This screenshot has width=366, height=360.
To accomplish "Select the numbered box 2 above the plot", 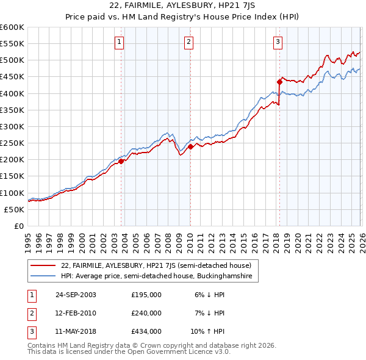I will tap(188, 42).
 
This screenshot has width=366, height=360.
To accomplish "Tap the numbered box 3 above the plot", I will tap(278, 42).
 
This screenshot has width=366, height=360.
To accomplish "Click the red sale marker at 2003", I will tap(121, 162).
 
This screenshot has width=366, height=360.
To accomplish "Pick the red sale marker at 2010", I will tap(190, 146).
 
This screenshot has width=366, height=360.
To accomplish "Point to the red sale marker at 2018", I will tap(279, 82).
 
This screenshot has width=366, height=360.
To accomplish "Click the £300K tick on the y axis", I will tap(13, 127).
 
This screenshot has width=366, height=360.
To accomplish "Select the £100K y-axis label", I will tap(13, 193).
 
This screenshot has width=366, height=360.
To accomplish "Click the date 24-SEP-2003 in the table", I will tap(76, 295).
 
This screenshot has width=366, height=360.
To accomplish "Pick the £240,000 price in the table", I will tap(146, 313).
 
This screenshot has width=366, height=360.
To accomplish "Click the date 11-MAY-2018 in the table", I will tap(76, 331).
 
